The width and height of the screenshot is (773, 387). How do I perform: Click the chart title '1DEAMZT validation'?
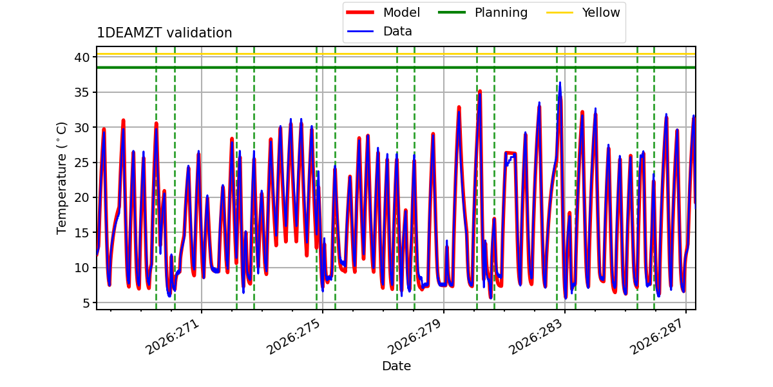click(x=164, y=33)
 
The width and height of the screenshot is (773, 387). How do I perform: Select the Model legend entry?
click(x=383, y=12)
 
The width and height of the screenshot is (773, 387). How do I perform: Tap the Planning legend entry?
click(x=482, y=12)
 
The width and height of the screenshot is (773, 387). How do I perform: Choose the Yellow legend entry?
click(x=583, y=12)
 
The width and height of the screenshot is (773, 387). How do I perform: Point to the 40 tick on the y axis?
click(x=82, y=57)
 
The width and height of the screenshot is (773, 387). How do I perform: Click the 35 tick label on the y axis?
click(x=82, y=93)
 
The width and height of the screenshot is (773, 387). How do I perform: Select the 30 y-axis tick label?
click(x=82, y=128)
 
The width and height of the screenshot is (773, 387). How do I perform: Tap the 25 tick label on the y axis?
click(x=82, y=163)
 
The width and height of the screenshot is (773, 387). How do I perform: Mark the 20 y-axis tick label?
click(x=82, y=197)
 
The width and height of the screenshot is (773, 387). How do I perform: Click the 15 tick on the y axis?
click(x=82, y=233)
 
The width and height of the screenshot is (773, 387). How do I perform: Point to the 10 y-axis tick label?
click(x=82, y=268)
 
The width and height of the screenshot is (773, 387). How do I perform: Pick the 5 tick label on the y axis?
click(x=86, y=303)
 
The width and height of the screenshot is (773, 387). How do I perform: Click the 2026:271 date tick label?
click(x=173, y=336)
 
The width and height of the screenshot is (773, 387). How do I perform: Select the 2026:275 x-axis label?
click(x=294, y=336)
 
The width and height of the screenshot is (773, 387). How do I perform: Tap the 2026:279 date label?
click(x=414, y=336)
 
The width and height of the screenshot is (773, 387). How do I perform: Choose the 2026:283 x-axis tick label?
click(x=535, y=336)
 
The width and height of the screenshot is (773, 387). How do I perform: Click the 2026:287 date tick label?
click(x=656, y=336)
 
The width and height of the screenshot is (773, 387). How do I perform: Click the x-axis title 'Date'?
click(x=397, y=366)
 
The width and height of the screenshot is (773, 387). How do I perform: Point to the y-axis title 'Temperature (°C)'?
click(x=61, y=178)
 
